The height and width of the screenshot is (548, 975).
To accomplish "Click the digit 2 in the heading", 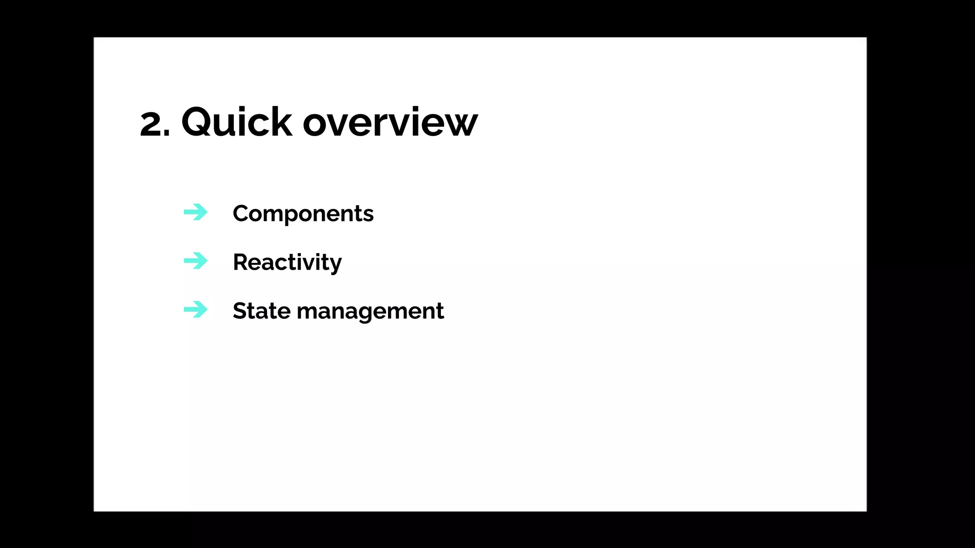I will (151, 124).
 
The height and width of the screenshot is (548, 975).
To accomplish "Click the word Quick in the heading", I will (237, 122).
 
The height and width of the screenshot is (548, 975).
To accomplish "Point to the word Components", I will (303, 214).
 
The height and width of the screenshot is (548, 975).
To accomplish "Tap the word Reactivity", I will (287, 262).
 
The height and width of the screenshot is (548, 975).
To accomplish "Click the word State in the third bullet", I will (261, 311).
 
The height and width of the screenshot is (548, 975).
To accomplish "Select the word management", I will (370, 312).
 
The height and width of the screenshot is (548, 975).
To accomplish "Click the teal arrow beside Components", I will (196, 212).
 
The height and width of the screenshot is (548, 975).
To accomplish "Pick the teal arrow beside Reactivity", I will (196, 261).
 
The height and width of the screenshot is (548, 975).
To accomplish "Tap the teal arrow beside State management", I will (196, 310).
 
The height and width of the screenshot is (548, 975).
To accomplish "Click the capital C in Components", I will (242, 214).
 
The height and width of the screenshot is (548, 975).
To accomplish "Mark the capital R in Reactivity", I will (241, 262).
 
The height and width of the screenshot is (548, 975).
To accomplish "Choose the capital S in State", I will (241, 311).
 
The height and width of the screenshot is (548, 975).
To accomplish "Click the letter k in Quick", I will (281, 122).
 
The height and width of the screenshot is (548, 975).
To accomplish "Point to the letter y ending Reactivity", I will (335, 264).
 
